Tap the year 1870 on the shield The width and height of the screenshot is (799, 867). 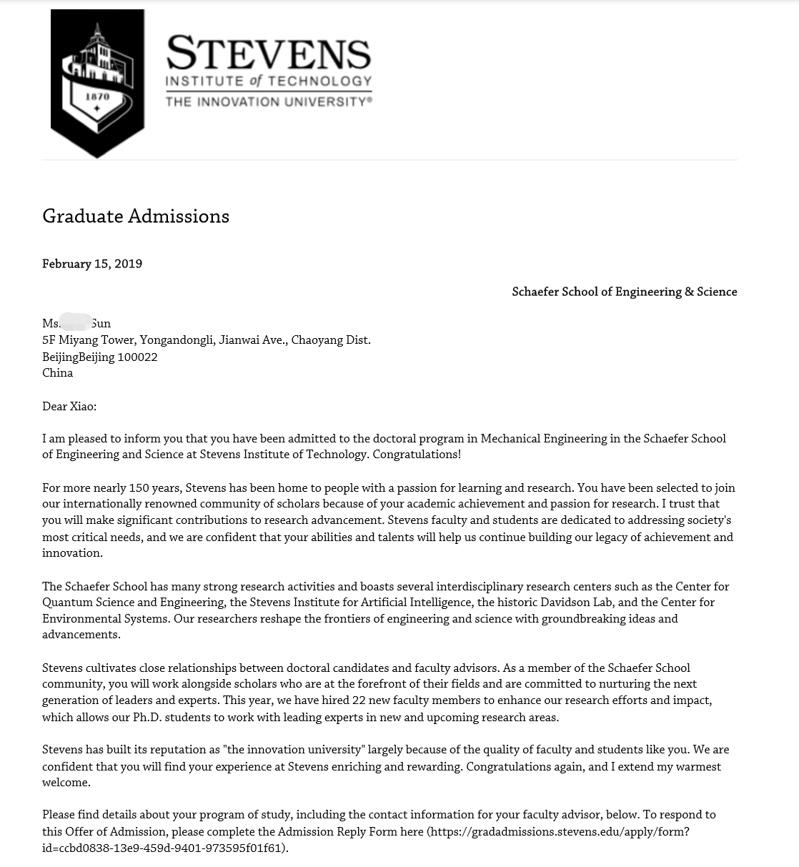(97, 96)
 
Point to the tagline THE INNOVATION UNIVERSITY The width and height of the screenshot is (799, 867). (268, 101)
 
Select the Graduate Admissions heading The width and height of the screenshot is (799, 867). (136, 216)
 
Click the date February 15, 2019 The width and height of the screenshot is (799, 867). (92, 264)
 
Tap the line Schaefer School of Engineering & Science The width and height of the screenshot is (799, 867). (624, 292)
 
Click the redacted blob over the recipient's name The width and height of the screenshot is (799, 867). (76, 322)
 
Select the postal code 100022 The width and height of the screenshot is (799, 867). (137, 357)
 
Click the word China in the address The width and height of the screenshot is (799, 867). (57, 372)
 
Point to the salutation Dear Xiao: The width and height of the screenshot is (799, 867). (69, 406)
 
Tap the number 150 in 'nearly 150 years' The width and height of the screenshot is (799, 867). (138, 487)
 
